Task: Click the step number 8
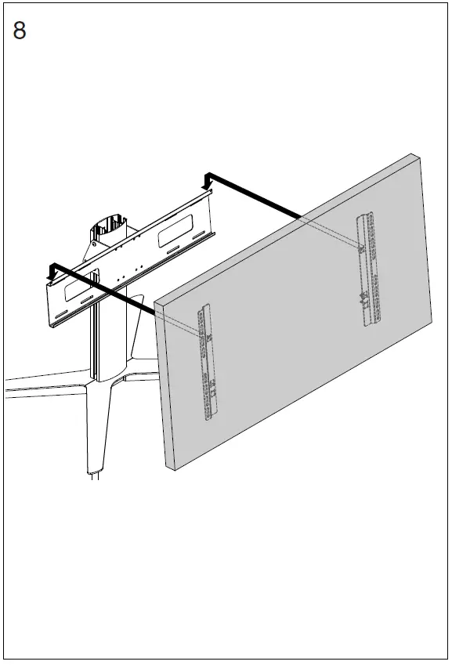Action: click(x=20, y=32)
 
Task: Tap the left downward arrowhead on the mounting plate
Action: click(x=52, y=271)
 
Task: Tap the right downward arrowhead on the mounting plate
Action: click(x=208, y=182)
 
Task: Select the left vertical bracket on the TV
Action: click(x=209, y=362)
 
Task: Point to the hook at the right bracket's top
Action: click(x=361, y=249)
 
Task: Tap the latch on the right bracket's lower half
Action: click(x=363, y=297)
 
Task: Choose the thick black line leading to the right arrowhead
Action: click(x=259, y=195)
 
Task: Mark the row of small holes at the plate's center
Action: click(x=129, y=271)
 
